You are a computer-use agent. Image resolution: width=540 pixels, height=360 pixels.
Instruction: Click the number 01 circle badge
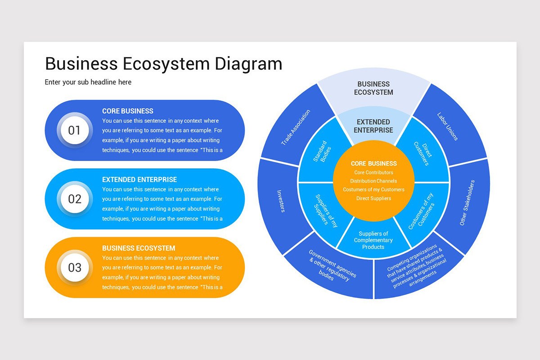click(x=74, y=130)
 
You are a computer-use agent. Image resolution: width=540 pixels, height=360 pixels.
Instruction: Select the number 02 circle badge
click(x=74, y=199)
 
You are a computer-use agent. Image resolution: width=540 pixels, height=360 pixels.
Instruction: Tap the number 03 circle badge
click(x=74, y=267)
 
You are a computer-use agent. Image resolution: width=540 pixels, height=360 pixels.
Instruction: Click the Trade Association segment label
click(x=296, y=127)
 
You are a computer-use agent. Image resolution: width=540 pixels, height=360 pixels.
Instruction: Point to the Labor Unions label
click(x=447, y=126)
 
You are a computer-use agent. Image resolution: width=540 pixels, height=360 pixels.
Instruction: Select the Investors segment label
click(x=280, y=201)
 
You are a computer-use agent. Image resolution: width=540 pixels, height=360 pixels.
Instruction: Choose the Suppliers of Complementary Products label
click(x=373, y=240)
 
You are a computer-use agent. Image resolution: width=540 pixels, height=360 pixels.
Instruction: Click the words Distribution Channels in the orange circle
click(x=373, y=181)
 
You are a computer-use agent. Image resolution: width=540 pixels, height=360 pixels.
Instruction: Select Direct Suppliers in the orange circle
click(x=373, y=198)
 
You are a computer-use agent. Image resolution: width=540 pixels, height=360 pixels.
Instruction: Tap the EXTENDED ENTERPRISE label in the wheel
click(x=373, y=126)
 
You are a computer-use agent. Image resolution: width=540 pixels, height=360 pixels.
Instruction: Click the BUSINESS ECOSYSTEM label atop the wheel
click(x=373, y=88)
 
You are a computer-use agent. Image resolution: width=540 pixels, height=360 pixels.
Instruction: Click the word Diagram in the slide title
click(x=248, y=64)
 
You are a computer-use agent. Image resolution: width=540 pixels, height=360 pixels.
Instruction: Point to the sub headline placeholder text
click(x=88, y=82)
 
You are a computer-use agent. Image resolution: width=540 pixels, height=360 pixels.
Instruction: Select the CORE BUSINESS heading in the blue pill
click(x=128, y=111)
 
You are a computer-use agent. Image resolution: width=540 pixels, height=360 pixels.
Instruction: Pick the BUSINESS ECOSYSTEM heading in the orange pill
click(x=139, y=248)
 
